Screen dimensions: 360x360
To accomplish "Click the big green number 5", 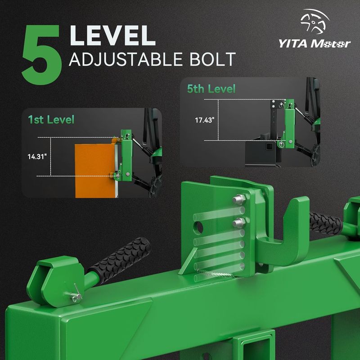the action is pyautogui.click(x=41, y=55).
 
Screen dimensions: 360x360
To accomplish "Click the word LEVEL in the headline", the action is pyautogui.click(x=112, y=36).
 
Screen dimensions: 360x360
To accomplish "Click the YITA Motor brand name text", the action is pyautogui.click(x=315, y=44).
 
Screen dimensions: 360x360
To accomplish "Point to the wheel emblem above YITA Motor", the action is pyautogui.click(x=315, y=21).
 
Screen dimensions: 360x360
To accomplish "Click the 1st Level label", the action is pyautogui.click(x=51, y=120).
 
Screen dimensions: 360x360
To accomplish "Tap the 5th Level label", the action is pyautogui.click(x=211, y=89).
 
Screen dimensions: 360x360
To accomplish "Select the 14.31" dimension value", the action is pyautogui.click(x=37, y=157).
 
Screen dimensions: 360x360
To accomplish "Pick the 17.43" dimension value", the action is pyautogui.click(x=205, y=120).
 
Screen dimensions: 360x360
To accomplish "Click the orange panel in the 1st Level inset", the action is pyautogui.click(x=95, y=171).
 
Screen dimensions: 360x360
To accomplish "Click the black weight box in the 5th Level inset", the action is pyautogui.click(x=262, y=152).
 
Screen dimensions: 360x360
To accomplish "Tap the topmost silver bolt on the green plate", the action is pyautogui.click(x=239, y=199).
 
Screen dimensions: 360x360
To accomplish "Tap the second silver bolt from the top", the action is pyautogui.click(x=239, y=223).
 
